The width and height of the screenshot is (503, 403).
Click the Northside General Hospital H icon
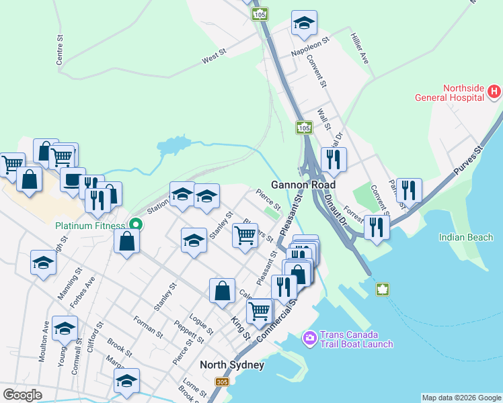(494, 91)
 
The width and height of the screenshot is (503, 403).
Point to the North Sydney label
(232, 365)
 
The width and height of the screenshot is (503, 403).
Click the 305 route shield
(222, 382)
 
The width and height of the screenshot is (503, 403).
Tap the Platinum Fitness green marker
(136, 226)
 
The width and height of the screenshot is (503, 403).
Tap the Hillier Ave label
(360, 48)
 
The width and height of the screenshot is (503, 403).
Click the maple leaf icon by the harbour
(382, 289)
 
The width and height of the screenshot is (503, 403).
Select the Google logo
(22, 394)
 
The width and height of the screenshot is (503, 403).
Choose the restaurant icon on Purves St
(409, 191)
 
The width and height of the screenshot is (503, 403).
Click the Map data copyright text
(461, 398)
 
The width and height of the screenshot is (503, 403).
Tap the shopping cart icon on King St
(260, 311)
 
